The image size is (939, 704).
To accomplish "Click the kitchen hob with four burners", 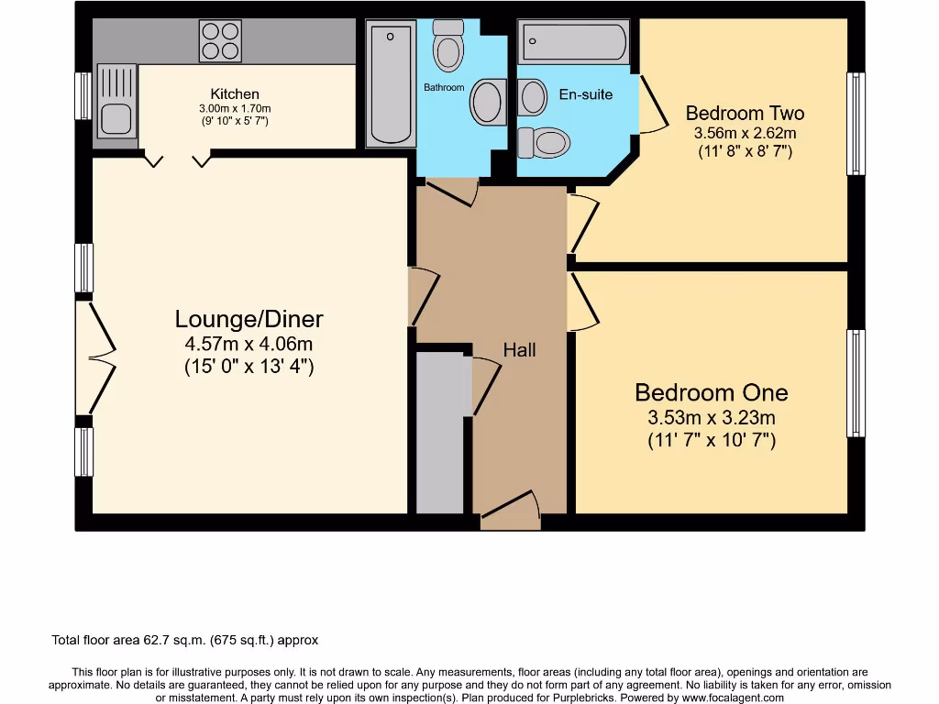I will [220, 40].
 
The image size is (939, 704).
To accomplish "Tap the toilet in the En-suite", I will [545, 142].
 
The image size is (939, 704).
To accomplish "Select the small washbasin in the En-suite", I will [533, 97].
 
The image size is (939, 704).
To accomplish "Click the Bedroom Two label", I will [745, 114].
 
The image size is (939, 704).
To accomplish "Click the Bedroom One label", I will [712, 393].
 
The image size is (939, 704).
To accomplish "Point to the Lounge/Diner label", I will [249, 320].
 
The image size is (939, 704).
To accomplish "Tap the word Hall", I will [519, 350].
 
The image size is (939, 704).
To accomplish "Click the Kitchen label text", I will [235, 93].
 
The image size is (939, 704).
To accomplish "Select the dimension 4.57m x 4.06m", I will [249, 346].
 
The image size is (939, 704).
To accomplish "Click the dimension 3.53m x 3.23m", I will [712, 418].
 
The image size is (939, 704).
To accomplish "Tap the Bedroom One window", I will [856, 382].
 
